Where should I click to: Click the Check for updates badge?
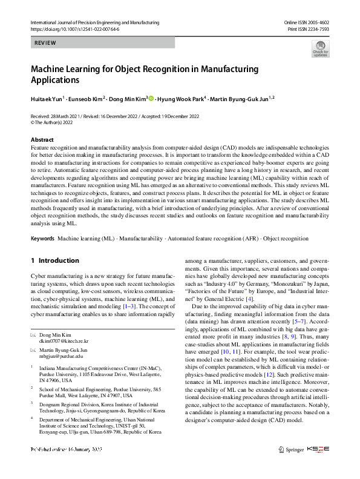pyautogui.click(x=320, y=48)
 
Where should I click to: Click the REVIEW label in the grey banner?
pyautogui.click(x=46, y=43)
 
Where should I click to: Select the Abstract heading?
pyautogui.click(x=42, y=140)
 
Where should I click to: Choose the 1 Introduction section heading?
pyautogui.click(x=54, y=261)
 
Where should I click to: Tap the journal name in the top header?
pyautogui.click(x=94, y=22)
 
